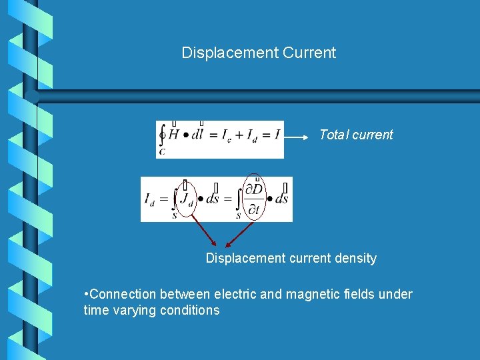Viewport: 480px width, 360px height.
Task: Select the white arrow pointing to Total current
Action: click(297, 137)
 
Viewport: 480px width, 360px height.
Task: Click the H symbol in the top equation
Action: click(174, 135)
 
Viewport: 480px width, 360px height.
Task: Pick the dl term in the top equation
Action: click(197, 135)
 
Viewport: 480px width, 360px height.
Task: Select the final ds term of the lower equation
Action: click(281, 199)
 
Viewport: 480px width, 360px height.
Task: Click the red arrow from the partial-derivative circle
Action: click(240, 235)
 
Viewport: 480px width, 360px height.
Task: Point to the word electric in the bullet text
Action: click(236, 294)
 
